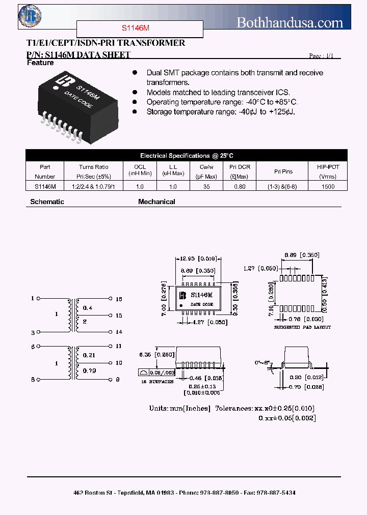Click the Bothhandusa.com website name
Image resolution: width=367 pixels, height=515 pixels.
(x=290, y=22)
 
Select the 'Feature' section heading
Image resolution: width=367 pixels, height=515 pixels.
(x=40, y=63)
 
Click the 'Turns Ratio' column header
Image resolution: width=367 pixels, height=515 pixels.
(x=94, y=167)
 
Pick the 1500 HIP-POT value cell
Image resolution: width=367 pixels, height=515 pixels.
(x=328, y=187)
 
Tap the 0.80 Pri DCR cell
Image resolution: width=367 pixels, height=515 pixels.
(x=239, y=187)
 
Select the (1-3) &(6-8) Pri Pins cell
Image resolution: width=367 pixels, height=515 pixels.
(x=283, y=187)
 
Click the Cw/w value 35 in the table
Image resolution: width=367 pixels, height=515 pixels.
(x=206, y=187)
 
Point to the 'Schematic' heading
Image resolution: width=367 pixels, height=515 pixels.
(x=47, y=202)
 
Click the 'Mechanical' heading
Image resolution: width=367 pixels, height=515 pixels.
(x=156, y=202)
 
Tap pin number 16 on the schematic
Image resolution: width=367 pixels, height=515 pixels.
(x=119, y=299)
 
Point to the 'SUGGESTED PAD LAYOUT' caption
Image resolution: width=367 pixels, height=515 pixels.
(x=302, y=327)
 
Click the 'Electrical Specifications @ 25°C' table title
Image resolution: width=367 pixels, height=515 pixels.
(x=187, y=156)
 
